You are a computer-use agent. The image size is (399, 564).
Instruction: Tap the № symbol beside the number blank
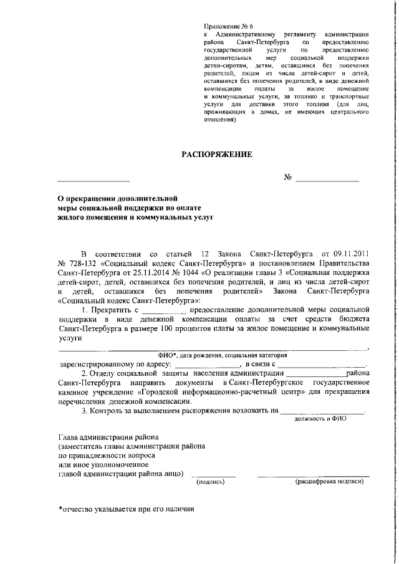click(x=288, y=178)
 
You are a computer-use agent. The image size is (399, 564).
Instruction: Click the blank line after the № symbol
click(x=327, y=179)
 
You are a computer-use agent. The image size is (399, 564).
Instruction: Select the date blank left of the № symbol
click(x=94, y=179)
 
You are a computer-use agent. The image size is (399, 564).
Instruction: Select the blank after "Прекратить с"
click(x=164, y=310)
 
